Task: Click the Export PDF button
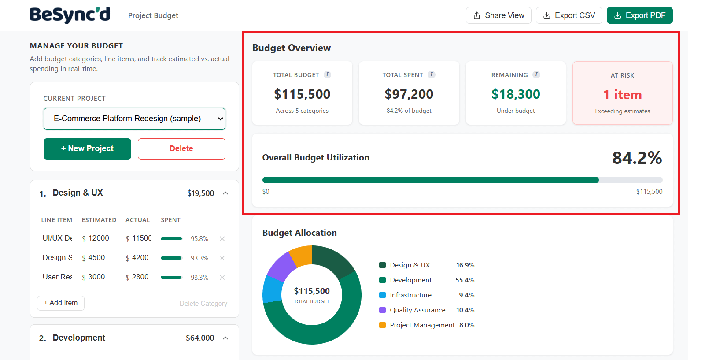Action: pyautogui.click(x=639, y=15)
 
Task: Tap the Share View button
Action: pyautogui.click(x=498, y=15)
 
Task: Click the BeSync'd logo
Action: pyautogui.click(x=70, y=15)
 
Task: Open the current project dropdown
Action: pyautogui.click(x=134, y=119)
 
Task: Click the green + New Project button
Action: pyautogui.click(x=87, y=149)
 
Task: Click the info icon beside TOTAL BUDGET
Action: pyautogui.click(x=327, y=74)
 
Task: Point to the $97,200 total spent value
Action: pyautogui.click(x=409, y=94)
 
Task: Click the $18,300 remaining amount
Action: pyautogui.click(x=516, y=94)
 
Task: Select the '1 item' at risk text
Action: pyautogui.click(x=622, y=95)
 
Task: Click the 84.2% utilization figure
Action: pyautogui.click(x=637, y=158)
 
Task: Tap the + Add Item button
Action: pyautogui.click(x=61, y=303)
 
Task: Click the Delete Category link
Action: pyautogui.click(x=203, y=304)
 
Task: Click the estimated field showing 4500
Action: pyautogui.click(x=97, y=257)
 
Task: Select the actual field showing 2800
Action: pyautogui.click(x=140, y=277)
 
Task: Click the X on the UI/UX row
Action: pyautogui.click(x=222, y=239)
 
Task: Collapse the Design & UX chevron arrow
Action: pyautogui.click(x=225, y=193)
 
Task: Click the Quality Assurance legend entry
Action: pyautogui.click(x=417, y=310)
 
